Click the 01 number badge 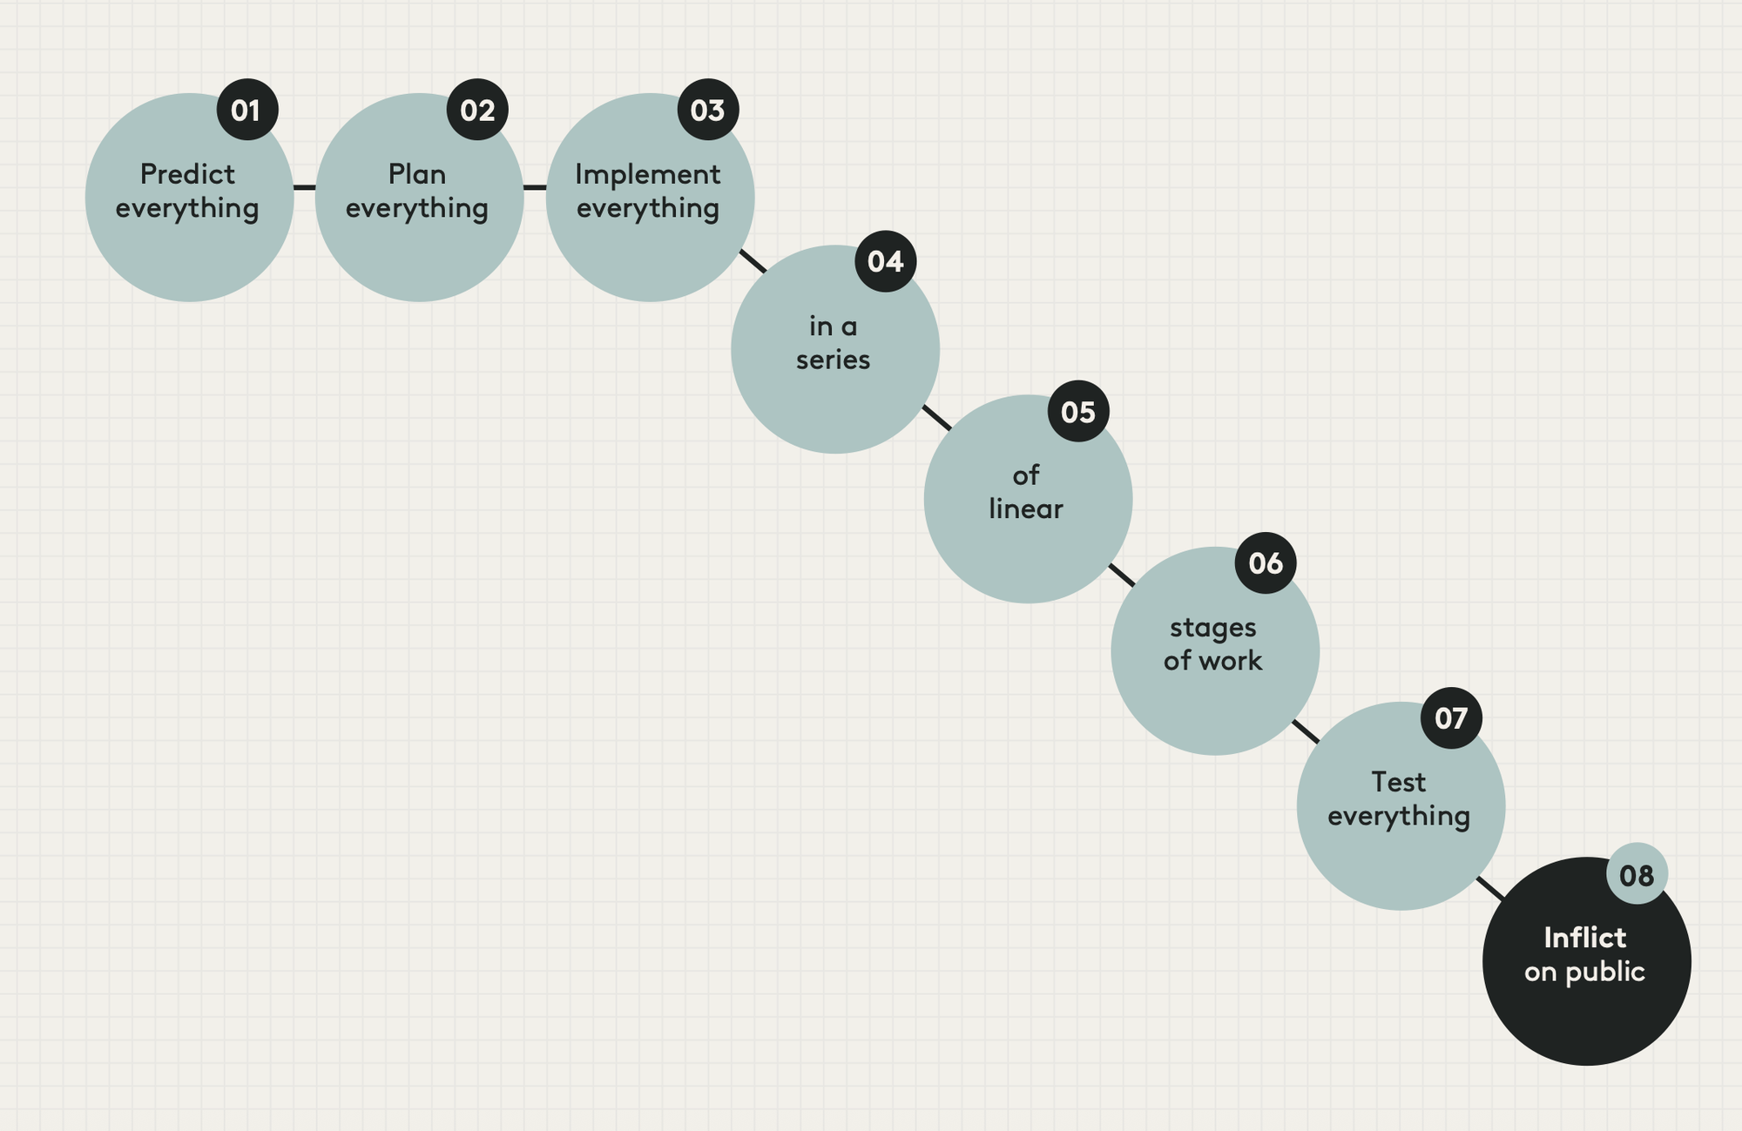[246, 110]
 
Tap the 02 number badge [477, 110]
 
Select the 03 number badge [708, 110]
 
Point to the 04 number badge [886, 261]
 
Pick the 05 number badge [1078, 411]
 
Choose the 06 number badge [1266, 563]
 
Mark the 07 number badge [1451, 717]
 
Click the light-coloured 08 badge [1637, 874]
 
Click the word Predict [187, 174]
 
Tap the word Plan [417, 174]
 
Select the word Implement [647, 174]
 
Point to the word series [833, 360]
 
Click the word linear [1026, 508]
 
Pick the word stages [1212, 627]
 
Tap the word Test [1398, 782]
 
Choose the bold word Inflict [1584, 938]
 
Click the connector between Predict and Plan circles [304, 187]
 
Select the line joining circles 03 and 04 [753, 261]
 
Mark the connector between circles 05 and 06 [1122, 575]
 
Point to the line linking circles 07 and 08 [1491, 889]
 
